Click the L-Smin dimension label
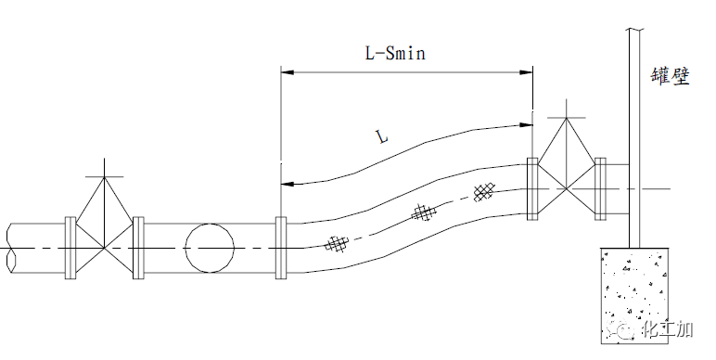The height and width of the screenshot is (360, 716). (x=395, y=53)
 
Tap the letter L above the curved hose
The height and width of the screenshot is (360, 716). (x=382, y=136)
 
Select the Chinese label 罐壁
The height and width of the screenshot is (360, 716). (x=671, y=76)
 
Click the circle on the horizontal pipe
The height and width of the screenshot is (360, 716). (x=210, y=248)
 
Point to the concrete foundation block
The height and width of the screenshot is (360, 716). (x=634, y=296)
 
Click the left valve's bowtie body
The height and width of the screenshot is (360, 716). (x=105, y=248)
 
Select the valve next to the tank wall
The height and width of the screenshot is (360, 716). (x=567, y=188)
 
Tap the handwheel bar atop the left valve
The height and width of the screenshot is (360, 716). (x=105, y=177)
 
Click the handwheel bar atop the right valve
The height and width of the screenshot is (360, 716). (x=567, y=118)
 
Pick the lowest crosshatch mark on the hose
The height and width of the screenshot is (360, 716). (x=337, y=243)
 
